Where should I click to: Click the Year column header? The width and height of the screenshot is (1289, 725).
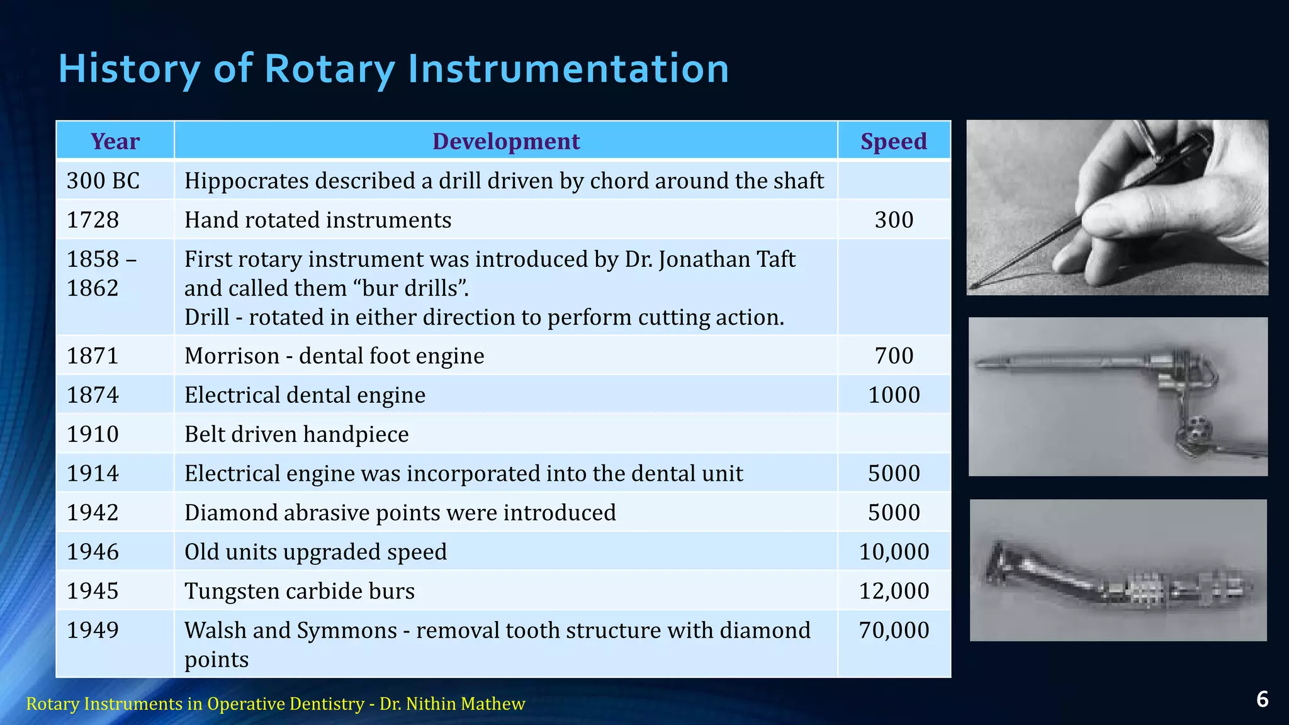[115, 141]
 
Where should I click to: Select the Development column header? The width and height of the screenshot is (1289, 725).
[505, 141]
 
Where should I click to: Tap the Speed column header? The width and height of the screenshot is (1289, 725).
[893, 141]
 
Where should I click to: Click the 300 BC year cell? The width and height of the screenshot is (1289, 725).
[103, 181]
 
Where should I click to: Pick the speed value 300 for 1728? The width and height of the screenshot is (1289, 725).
[894, 220]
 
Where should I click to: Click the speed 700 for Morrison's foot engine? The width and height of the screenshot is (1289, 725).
[894, 356]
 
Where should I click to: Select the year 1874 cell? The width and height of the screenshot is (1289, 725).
[93, 395]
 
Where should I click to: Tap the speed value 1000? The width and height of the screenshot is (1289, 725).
[894, 395]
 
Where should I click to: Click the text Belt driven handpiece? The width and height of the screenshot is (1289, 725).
[296, 434]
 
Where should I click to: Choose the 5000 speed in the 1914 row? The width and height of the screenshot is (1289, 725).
[894, 473]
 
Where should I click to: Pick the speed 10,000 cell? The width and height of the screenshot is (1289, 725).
[894, 552]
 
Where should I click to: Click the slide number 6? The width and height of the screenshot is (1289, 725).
[1262, 699]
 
